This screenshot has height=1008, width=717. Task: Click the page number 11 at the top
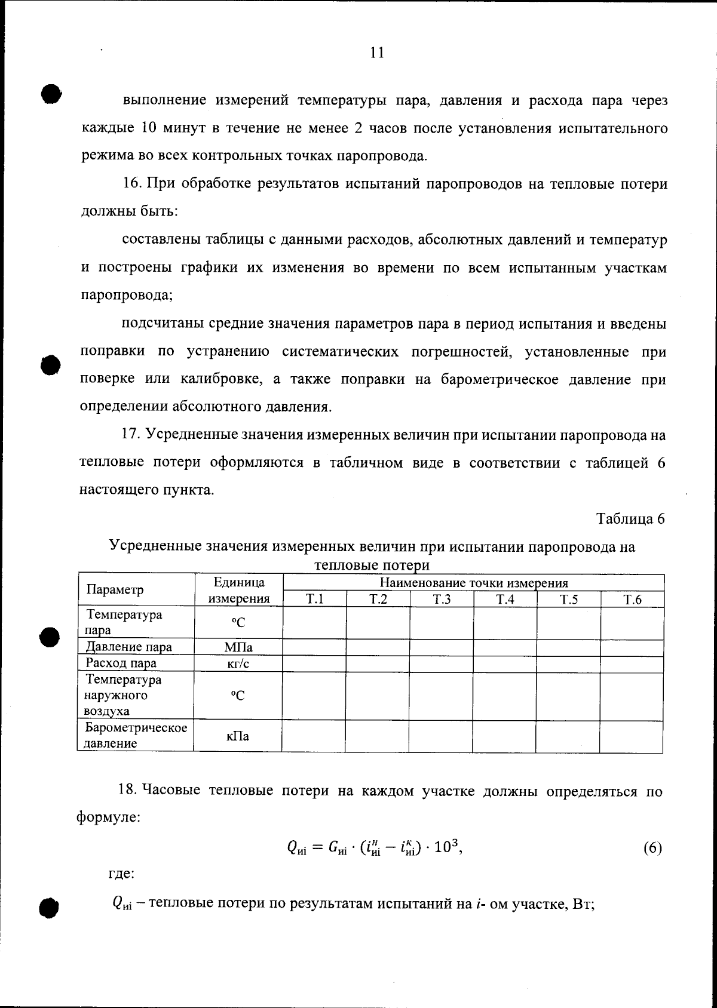coord(376,53)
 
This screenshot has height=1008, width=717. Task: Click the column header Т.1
coord(314,600)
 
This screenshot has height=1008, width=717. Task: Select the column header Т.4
coord(505,600)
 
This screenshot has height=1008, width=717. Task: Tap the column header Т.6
coord(632,600)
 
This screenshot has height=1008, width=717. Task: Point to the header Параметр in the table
coord(115,590)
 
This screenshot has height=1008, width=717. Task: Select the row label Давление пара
coord(129,647)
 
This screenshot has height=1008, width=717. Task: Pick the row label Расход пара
coord(121,663)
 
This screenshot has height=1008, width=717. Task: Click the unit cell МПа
coord(238,647)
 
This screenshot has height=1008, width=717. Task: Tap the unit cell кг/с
coord(238,664)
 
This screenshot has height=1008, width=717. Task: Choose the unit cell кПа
coord(238,736)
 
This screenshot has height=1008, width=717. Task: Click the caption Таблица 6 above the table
coord(630,518)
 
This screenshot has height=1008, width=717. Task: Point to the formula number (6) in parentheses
coord(652,848)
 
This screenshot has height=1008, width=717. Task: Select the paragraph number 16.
coord(131,184)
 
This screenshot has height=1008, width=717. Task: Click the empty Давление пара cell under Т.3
coord(442,647)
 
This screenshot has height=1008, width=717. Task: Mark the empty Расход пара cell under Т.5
coord(568,664)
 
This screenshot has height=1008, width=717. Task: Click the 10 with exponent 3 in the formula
coord(445,847)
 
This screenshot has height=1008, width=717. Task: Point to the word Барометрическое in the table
coord(136,728)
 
